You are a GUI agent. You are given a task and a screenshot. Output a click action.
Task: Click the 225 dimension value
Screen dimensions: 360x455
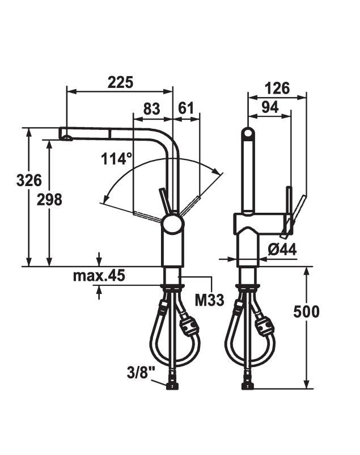coord(120,82)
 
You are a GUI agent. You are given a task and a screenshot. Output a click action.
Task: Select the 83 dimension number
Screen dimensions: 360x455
coord(151,109)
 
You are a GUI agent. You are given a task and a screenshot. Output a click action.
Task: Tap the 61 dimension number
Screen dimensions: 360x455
coord(185,108)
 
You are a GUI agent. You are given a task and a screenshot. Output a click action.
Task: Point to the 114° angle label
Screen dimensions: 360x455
coord(117,159)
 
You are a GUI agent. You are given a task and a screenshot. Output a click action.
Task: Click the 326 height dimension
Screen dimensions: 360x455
coord(29,180)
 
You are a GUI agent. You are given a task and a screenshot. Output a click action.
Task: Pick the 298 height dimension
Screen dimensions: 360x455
coord(49,200)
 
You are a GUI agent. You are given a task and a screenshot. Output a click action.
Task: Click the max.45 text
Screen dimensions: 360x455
coord(99,275)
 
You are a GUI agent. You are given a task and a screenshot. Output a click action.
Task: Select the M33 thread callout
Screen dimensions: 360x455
coord(209,300)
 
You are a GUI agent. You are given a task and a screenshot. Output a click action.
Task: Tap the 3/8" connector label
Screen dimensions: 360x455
coord(141,373)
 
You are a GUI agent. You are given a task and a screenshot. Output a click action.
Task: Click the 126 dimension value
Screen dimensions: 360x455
coord(277,88)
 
